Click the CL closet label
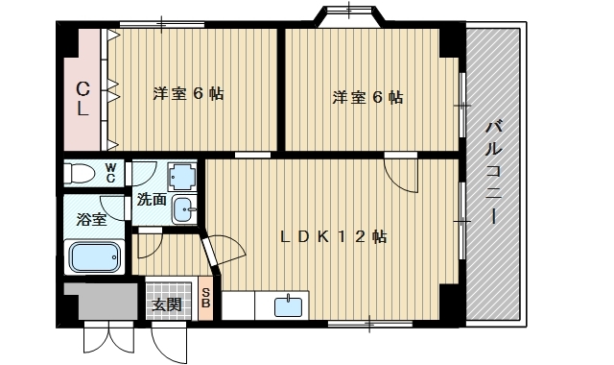click(83, 99)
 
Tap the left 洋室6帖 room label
click(189, 94)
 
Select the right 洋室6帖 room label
click(367, 97)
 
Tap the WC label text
click(110, 174)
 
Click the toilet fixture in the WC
click(81, 174)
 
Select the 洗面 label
click(151, 201)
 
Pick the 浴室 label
click(91, 219)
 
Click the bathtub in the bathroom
click(94, 258)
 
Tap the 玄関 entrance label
click(166, 305)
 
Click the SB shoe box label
click(205, 298)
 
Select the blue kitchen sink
click(287, 306)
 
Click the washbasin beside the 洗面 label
click(183, 208)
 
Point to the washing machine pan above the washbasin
click(182, 177)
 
